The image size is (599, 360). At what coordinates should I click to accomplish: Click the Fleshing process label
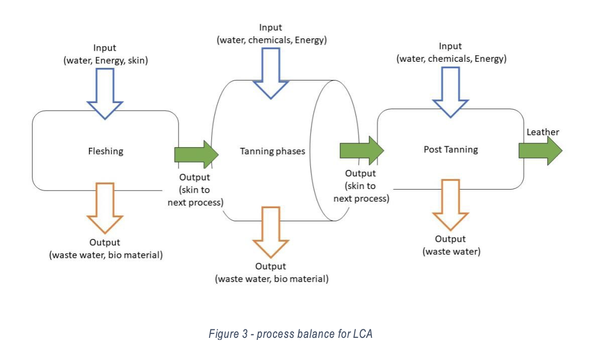coord(105,151)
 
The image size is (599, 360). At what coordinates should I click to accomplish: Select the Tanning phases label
coord(272,151)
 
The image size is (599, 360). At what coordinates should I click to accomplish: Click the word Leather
coord(543,132)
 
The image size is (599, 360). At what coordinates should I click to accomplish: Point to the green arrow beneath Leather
coord(540,150)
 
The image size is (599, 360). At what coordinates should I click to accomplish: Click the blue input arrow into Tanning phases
coord(271,72)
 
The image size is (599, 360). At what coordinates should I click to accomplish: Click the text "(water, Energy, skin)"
coord(105,61)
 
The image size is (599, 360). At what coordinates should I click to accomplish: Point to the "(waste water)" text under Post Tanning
coord(451,251)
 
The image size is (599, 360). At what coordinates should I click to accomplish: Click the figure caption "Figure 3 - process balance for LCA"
coord(290,333)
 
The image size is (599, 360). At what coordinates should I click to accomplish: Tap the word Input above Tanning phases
coord(271,28)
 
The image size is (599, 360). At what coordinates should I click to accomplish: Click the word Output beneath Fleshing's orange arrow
coord(105,242)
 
